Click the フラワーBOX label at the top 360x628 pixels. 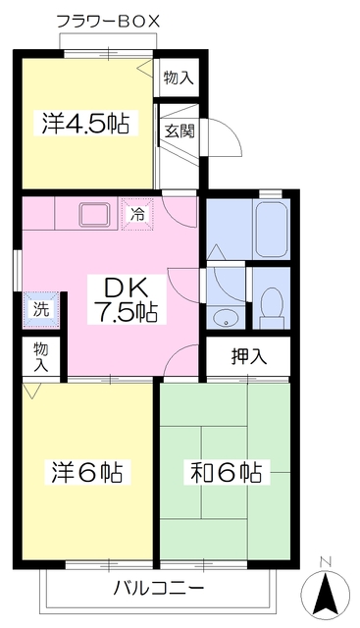click(x=108, y=21)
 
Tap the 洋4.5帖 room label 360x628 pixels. click(x=85, y=124)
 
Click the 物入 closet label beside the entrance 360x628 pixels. click(x=179, y=78)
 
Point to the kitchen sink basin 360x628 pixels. click(x=95, y=214)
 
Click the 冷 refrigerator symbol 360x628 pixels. click(x=137, y=215)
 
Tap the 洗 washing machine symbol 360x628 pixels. click(x=41, y=310)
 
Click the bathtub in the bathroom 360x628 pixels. click(x=271, y=230)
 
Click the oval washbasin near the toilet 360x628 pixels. click(x=226, y=320)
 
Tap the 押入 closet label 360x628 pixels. click(x=249, y=356)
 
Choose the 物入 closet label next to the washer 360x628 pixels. click(x=41, y=357)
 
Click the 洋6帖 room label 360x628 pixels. click(x=87, y=473)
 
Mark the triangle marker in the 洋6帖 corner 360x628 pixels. click(x=31, y=391)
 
